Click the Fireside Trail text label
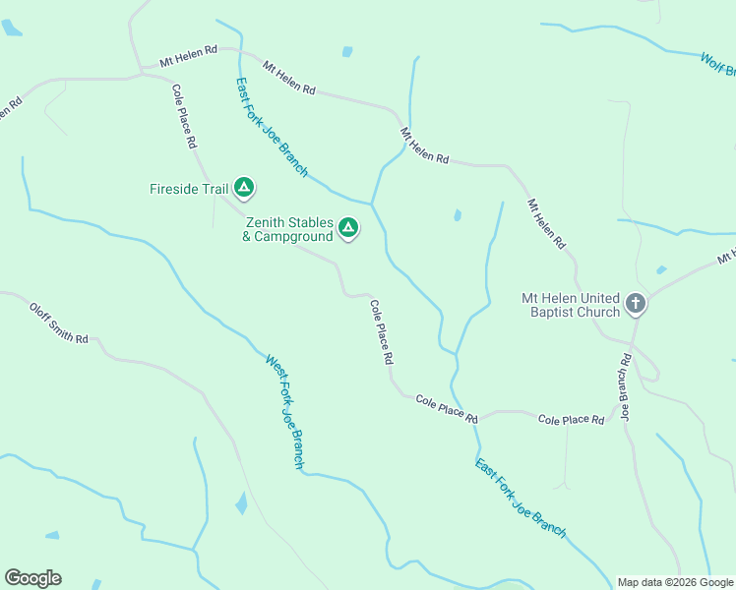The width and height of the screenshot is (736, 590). click(189, 188)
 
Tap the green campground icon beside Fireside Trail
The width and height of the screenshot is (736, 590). click(244, 187)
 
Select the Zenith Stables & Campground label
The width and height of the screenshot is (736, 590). click(288, 230)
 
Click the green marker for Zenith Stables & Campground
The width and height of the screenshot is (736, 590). click(347, 228)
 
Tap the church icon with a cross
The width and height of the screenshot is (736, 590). click(636, 304)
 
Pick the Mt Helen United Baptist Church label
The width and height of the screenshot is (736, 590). click(571, 305)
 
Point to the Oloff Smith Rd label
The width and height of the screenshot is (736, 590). click(58, 323)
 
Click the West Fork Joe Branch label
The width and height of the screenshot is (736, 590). click(285, 411)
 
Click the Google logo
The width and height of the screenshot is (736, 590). click(32, 578)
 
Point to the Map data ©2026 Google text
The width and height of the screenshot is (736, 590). click(675, 582)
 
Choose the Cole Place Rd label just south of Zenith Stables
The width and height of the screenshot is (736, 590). click(382, 332)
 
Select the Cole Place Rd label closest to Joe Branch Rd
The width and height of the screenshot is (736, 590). click(571, 420)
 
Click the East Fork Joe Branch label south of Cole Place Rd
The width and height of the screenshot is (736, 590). click(521, 499)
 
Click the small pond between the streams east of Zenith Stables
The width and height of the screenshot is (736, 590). click(458, 215)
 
